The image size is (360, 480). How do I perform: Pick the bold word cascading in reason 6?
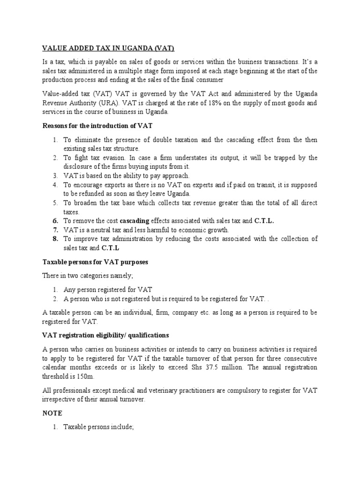pos(135,221)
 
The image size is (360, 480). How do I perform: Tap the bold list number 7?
pos(55,230)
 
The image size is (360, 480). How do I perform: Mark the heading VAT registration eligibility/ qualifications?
pos(106,336)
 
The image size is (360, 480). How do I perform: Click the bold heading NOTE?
pos(52,414)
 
